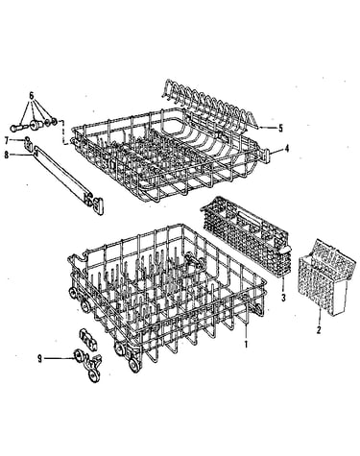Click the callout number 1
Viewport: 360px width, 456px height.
point(246,345)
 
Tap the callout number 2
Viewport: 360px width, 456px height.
point(319,329)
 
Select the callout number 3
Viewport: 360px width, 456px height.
point(283,299)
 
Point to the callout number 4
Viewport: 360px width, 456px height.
point(287,149)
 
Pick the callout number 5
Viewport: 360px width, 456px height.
point(280,129)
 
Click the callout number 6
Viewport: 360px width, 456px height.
point(32,95)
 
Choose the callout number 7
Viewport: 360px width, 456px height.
point(6,140)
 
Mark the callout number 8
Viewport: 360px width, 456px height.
point(6,155)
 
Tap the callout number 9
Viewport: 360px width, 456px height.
point(39,359)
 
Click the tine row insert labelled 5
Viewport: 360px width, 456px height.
point(206,104)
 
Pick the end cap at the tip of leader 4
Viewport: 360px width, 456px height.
point(267,154)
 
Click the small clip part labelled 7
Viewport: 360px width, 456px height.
point(28,143)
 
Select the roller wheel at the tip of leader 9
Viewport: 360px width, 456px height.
point(78,355)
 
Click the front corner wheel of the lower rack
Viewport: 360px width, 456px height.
point(134,365)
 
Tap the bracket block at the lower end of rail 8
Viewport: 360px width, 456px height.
point(95,204)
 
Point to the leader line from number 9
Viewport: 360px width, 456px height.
point(60,358)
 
